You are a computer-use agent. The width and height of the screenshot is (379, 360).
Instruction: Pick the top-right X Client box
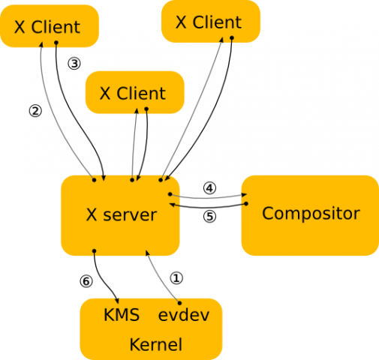tap(211, 21)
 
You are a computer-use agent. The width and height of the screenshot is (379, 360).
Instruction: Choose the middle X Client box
tap(135, 93)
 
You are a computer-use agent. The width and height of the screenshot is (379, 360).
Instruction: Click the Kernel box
tap(151, 330)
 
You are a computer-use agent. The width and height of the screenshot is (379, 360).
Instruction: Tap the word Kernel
tap(156, 345)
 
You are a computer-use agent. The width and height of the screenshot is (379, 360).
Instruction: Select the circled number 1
tap(176, 277)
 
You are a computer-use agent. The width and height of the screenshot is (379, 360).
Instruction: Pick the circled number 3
tap(74, 64)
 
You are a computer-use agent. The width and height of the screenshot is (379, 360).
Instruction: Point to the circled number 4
tap(209, 188)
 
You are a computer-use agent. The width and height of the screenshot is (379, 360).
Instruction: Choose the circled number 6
tap(85, 281)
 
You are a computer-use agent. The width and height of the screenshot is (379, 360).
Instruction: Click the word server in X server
tap(132, 215)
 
